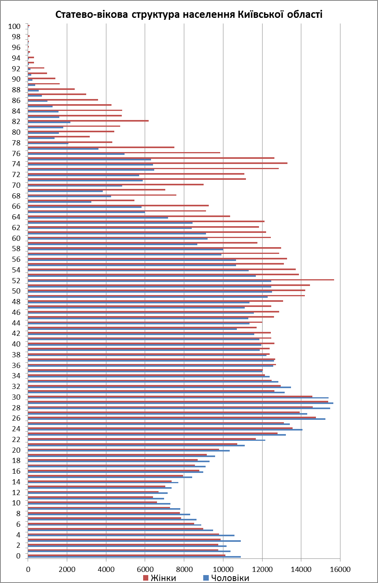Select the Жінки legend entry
pos(163,578)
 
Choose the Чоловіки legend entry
pos(230,578)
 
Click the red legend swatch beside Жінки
pos(146,578)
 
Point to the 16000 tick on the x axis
pos(340,569)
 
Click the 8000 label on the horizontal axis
pos(184,569)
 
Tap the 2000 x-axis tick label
pos(67,569)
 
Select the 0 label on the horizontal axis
pos(28,569)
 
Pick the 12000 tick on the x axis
pos(262,569)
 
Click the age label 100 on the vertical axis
pos(14,27)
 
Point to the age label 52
pos(16,281)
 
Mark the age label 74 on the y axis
pos(16,164)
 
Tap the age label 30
pos(16,397)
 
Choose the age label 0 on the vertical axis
pos(18,556)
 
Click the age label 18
pos(16,461)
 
